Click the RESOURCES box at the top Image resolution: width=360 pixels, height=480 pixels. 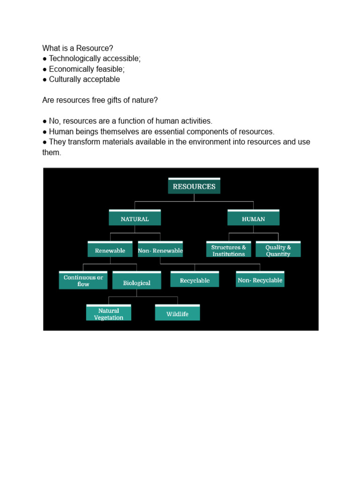click(x=194, y=186)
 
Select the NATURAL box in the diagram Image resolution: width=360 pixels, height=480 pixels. click(x=135, y=218)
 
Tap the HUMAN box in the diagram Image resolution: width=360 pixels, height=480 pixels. click(x=253, y=218)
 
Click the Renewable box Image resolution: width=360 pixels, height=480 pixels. click(x=110, y=250)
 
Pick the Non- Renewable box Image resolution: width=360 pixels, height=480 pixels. click(x=160, y=250)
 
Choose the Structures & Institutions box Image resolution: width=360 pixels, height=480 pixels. click(x=228, y=250)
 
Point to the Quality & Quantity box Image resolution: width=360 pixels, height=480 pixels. click(x=278, y=250)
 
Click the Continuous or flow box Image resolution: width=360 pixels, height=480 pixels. click(x=83, y=280)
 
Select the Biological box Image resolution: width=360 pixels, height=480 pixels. click(x=136, y=282)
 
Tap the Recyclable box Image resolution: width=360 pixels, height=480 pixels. click(x=195, y=280)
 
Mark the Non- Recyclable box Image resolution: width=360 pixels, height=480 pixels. click(x=260, y=280)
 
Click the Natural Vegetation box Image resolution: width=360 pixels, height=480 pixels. click(x=109, y=314)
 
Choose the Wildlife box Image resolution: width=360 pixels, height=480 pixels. click(x=177, y=314)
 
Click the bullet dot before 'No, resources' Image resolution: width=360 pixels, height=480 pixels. click(x=45, y=121)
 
